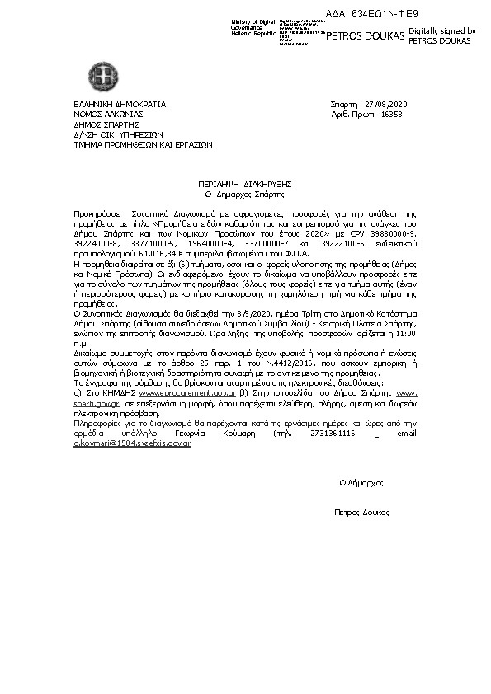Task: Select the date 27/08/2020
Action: coord(385,104)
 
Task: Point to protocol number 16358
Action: coord(391,115)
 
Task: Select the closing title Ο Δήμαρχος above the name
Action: coord(361,482)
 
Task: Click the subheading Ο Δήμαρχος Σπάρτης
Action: coord(244,195)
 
